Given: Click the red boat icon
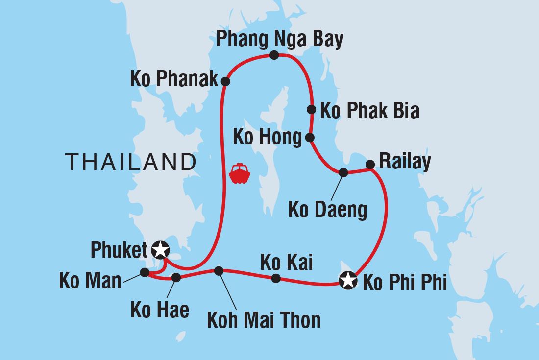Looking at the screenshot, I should pos(240,173).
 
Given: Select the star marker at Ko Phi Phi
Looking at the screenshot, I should pos(347,281).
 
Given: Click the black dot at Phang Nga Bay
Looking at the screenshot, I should pos(274,55).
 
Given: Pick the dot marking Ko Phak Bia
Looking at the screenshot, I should pos(311,109).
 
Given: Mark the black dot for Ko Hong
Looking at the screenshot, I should pos(310,138).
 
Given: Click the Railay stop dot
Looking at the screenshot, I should pos(370,165).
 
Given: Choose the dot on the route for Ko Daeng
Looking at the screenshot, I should pos(343,172).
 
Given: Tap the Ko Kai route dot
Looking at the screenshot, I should pos(276,278).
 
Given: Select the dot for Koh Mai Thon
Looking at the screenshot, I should pos(219,270).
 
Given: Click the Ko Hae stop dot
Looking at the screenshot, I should pos(176,278).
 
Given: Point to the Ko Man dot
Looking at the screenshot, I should pos(145,272).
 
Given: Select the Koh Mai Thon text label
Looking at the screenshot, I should pos(264,320).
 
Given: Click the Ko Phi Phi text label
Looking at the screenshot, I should pos(404,283).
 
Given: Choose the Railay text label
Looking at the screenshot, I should pos(405,161).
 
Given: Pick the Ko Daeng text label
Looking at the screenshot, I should pos(327,210).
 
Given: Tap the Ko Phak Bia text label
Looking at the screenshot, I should pos(369,111).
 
